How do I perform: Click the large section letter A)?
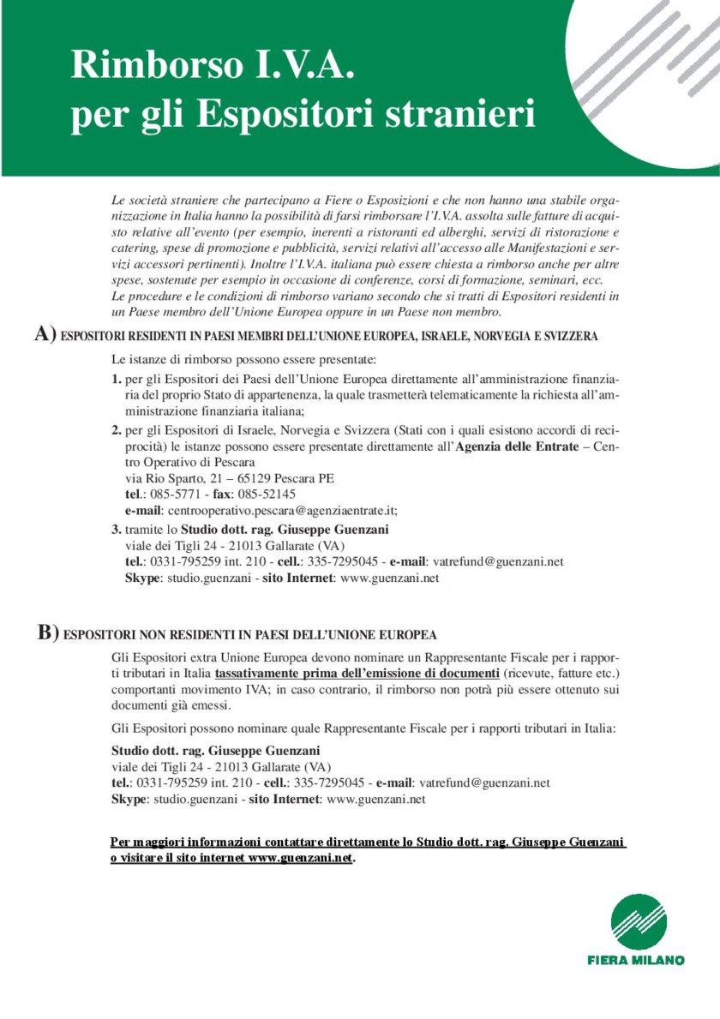pyautogui.click(x=45, y=335)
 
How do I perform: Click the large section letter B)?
pyautogui.click(x=48, y=633)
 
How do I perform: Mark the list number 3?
pyautogui.click(x=117, y=530)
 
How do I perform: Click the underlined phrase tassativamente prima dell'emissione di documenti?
pyautogui.click(x=357, y=673)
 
